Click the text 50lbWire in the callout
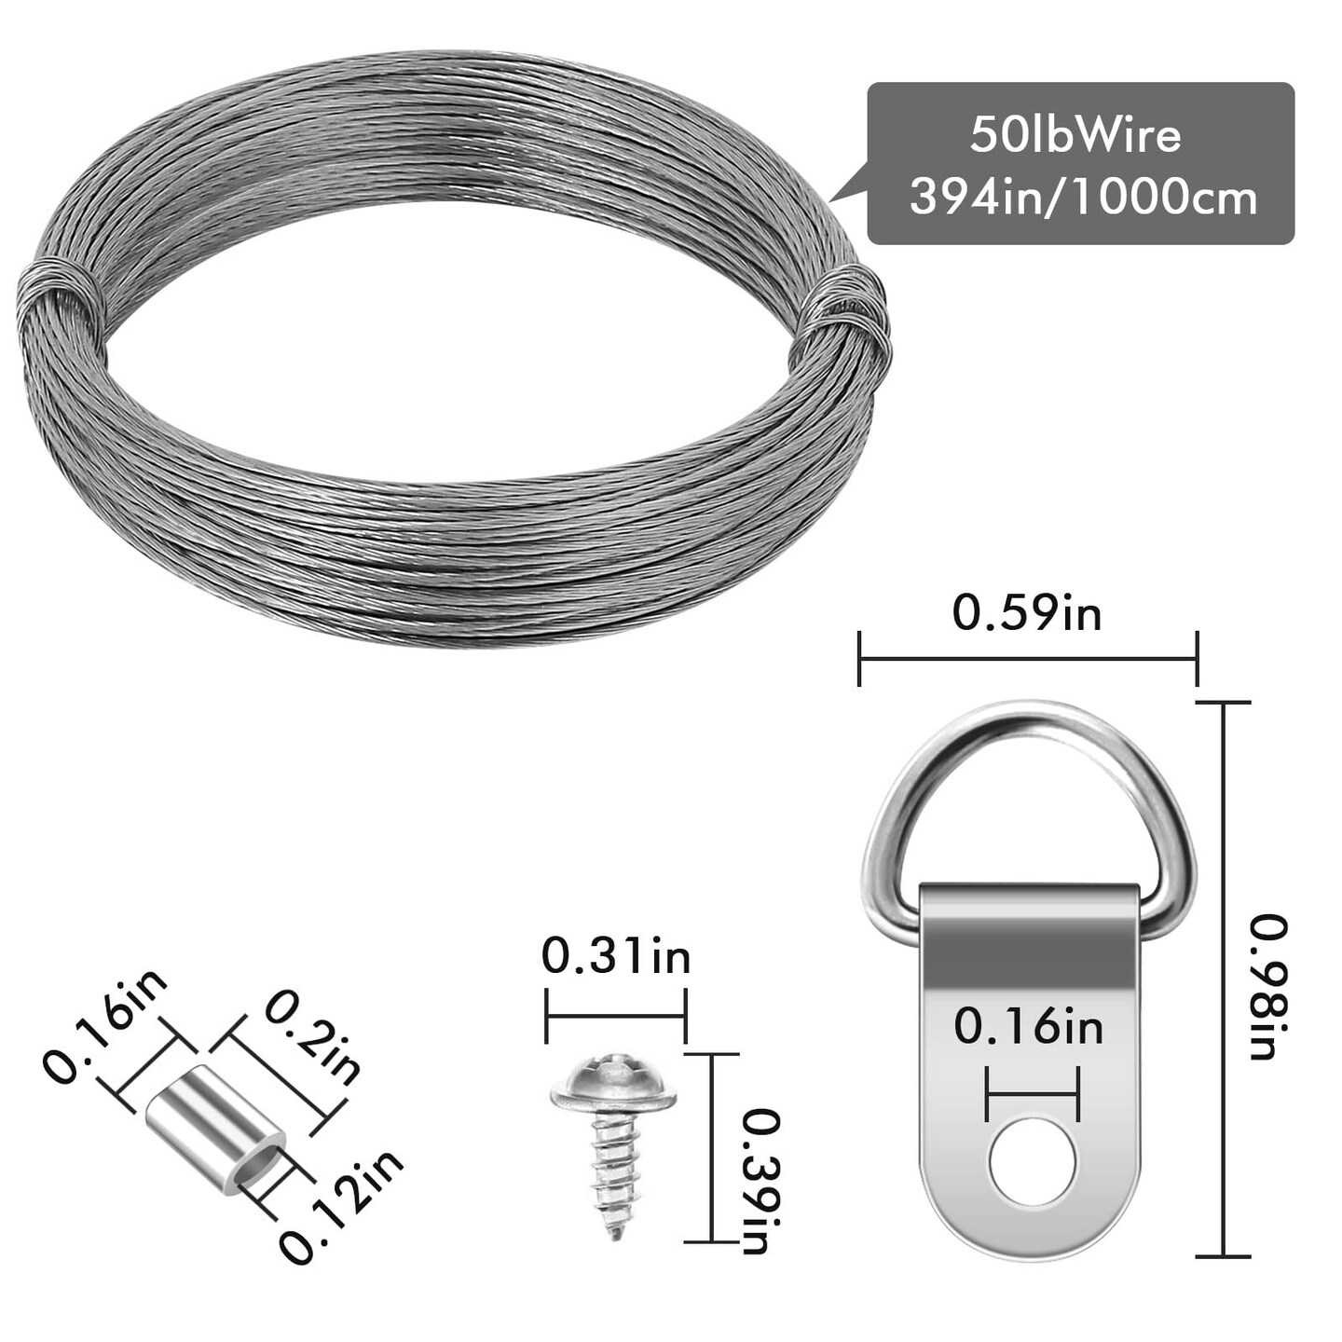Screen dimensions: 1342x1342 click(1075, 135)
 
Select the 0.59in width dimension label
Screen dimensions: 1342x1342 click(1026, 614)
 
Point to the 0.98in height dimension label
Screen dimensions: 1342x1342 click(1268, 987)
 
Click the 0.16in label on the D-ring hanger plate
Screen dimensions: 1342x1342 click(1028, 1027)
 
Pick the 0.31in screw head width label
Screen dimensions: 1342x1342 click(616, 956)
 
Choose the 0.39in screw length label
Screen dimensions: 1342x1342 click(760, 1181)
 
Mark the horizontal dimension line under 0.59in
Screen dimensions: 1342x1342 click(1028, 659)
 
